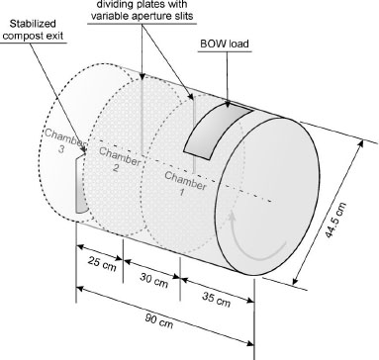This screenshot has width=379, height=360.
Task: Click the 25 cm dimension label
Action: coord(102,263)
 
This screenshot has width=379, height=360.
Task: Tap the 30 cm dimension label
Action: coord(153,280)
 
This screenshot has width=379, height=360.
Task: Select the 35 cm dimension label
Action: coord(216,300)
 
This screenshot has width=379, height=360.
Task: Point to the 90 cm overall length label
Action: coord(159,320)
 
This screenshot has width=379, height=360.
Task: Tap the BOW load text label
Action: coord(225,44)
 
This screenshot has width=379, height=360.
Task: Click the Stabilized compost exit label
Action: coord(33,30)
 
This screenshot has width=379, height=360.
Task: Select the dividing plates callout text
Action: coord(142,10)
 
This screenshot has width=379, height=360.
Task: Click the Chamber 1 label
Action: coord(185,184)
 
